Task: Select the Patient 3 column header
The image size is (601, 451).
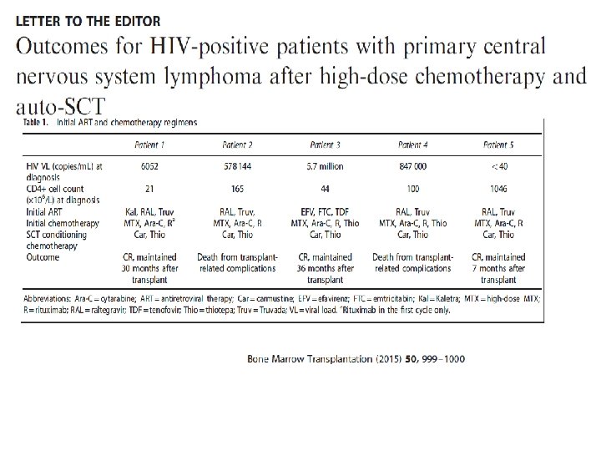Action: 326,145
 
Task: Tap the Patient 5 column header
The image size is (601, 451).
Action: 499,145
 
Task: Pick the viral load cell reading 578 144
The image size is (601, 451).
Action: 240,166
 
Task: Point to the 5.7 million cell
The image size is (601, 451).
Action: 326,166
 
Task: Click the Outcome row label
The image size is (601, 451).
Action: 43,256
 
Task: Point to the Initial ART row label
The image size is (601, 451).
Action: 47,212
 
